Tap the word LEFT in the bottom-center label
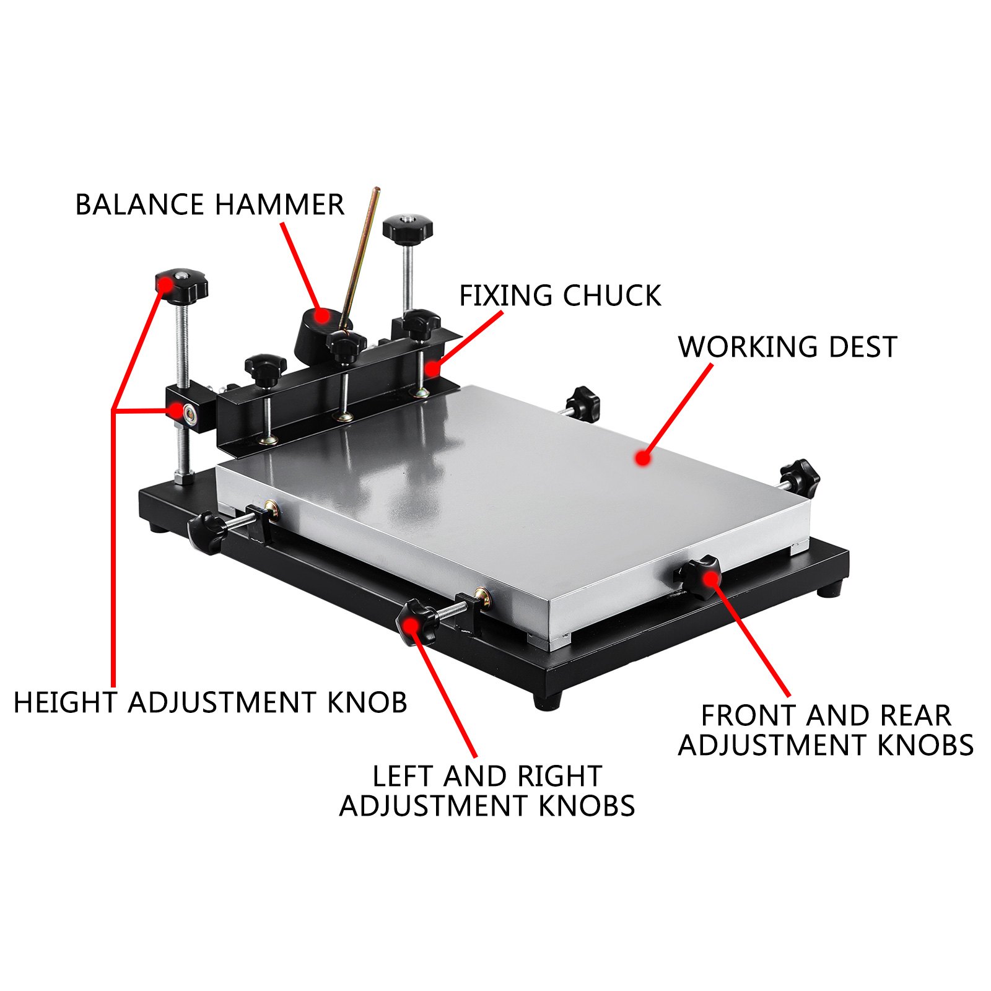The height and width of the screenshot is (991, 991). tap(403, 777)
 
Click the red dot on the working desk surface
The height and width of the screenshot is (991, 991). tap(643, 458)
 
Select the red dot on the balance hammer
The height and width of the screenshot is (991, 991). tap(321, 315)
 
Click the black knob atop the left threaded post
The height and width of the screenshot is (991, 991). tap(181, 286)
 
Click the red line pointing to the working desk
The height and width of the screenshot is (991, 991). tap(678, 410)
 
